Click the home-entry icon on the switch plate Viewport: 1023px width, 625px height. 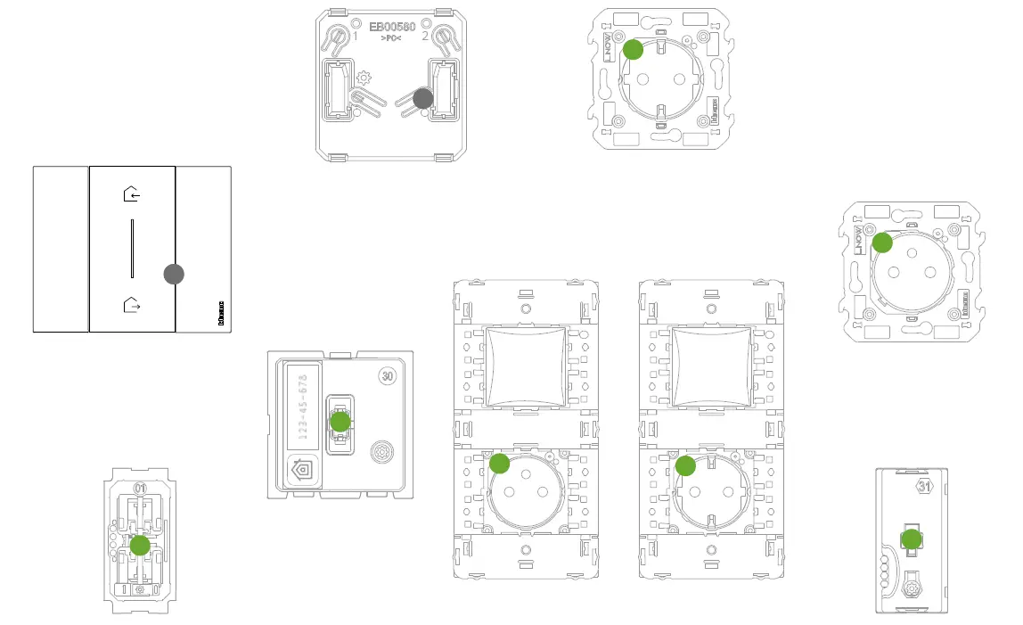(x=132, y=192)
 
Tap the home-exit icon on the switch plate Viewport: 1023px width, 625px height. (x=132, y=306)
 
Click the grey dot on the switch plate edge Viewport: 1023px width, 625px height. (x=175, y=275)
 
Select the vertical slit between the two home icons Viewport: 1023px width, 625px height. (x=132, y=249)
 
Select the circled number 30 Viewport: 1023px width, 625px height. (x=387, y=375)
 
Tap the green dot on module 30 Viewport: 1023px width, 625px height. (x=340, y=422)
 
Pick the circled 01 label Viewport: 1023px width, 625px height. (x=140, y=489)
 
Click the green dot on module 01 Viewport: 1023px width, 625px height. (x=140, y=546)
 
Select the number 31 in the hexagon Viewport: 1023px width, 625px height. (x=925, y=487)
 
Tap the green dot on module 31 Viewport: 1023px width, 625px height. (x=911, y=539)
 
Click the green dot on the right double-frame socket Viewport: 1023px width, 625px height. (x=684, y=465)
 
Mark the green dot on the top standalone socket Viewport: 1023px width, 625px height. (x=633, y=50)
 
